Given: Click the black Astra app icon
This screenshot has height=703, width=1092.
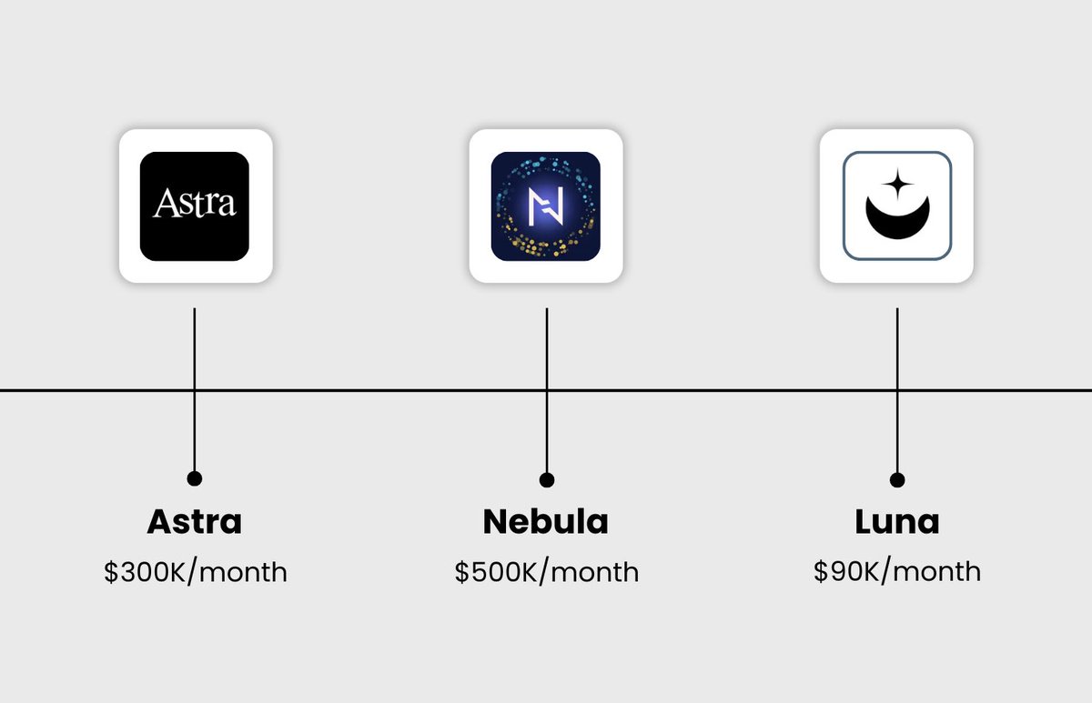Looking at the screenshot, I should tap(195, 206).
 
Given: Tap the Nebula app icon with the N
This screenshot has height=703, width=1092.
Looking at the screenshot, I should tap(546, 206).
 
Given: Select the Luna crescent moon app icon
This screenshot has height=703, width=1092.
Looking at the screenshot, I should tap(896, 206).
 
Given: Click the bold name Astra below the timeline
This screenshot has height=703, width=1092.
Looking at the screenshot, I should tap(195, 522).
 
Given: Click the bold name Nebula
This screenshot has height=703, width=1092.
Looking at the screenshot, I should tap(546, 522).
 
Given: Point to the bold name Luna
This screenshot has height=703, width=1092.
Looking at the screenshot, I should tap(897, 522).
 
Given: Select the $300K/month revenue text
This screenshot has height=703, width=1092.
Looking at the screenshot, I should tap(196, 572).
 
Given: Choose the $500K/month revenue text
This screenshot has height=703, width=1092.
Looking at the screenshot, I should tap(547, 572).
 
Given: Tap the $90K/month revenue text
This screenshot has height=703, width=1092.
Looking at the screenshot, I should tap(897, 571).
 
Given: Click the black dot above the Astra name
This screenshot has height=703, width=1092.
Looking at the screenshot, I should tap(194, 478).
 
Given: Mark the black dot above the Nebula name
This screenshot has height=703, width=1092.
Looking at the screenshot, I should tap(546, 479).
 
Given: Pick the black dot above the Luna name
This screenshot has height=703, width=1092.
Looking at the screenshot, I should tap(897, 479).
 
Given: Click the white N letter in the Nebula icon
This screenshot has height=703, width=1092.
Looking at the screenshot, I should tap(546, 206).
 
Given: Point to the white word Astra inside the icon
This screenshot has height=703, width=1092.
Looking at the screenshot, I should tap(195, 203).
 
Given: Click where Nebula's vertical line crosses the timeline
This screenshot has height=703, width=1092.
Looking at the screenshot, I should tap(546, 390).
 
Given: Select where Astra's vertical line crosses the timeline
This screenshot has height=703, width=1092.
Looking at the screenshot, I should tap(194, 390).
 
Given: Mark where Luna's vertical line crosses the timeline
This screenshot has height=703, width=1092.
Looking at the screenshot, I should tap(897, 390).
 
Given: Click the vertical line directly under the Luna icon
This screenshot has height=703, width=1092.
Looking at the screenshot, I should tap(897, 346).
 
